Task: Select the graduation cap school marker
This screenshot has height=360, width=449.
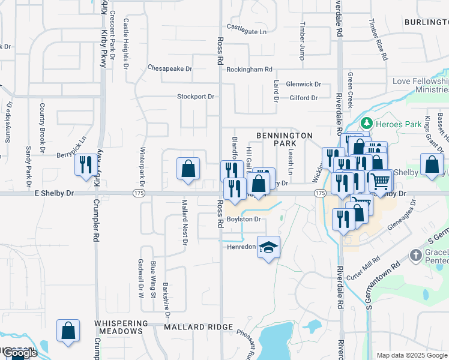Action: (x=268, y=248)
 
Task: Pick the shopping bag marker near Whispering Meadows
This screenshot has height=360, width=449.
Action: (x=68, y=331)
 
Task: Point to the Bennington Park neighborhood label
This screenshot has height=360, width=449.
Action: (x=285, y=140)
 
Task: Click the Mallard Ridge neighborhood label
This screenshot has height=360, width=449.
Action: (x=199, y=327)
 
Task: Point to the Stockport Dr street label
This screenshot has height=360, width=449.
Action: (x=196, y=97)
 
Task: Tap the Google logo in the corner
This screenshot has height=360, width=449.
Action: (x=20, y=353)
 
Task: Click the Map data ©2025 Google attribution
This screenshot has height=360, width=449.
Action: (x=412, y=355)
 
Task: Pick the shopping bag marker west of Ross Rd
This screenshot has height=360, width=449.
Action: (x=188, y=169)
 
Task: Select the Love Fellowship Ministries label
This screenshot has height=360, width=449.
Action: (x=421, y=85)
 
